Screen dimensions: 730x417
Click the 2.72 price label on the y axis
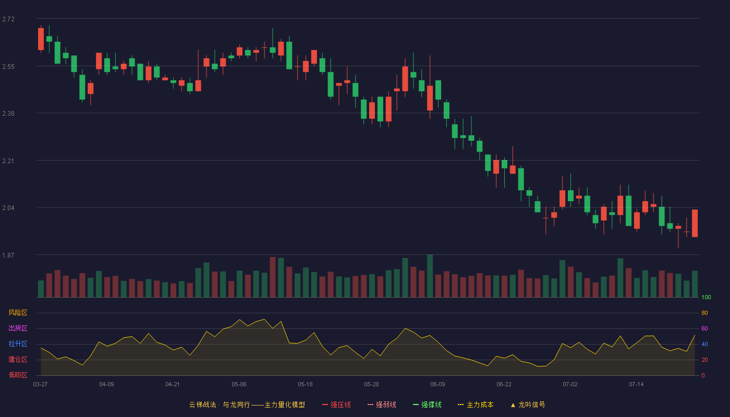(8, 19)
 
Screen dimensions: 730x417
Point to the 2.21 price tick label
(8, 161)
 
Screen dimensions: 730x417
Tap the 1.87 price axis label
(8, 255)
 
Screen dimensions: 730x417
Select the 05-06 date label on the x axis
(239, 385)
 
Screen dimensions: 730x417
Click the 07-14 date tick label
(636, 385)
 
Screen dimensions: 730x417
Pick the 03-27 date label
(41, 385)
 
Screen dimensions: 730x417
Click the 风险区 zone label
(18, 313)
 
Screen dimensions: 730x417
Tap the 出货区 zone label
(18, 328)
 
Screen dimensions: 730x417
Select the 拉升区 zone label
(18, 344)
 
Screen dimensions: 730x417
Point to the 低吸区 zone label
(18, 375)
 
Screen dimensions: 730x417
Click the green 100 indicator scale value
(706, 297)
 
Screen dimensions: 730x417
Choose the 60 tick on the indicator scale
(704, 328)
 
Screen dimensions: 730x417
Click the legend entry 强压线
(336, 404)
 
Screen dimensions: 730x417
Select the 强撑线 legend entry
(427, 404)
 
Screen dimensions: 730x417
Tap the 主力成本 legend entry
(476, 404)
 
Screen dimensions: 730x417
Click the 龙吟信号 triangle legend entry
(528, 404)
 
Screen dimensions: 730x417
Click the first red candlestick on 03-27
(41, 39)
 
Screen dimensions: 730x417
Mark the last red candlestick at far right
(695, 223)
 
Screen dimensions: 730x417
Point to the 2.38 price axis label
(8, 114)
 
